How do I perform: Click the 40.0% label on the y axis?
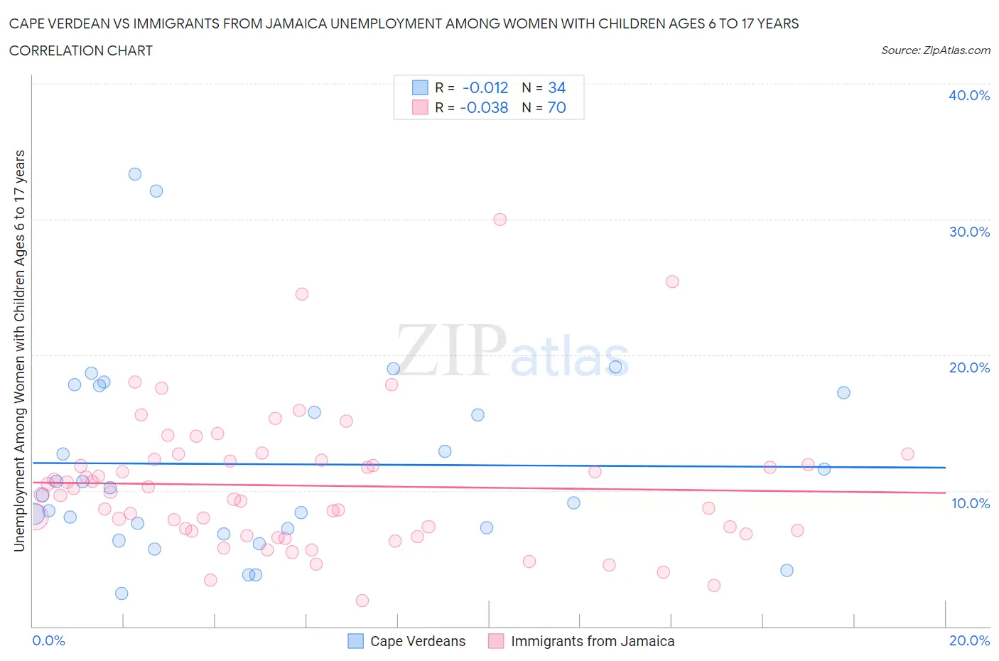click(968, 95)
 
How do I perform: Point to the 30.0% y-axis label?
click(968, 232)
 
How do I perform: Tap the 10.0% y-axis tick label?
click(970, 503)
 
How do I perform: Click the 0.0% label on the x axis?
click(48, 640)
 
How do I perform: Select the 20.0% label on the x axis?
click(969, 640)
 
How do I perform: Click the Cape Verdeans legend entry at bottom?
click(417, 641)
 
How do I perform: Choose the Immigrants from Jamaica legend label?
click(592, 641)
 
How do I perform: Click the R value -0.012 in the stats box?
click(485, 87)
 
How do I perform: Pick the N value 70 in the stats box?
click(556, 107)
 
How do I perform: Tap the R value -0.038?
click(484, 107)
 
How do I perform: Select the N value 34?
click(556, 87)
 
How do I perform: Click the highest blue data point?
click(135, 174)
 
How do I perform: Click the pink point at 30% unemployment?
click(500, 220)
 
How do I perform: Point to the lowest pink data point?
click(362, 601)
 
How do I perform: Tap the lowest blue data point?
click(121, 593)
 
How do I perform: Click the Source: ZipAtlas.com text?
click(935, 50)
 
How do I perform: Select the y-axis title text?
click(19, 350)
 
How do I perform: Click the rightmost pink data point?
click(907, 454)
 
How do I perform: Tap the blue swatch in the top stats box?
click(420, 87)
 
